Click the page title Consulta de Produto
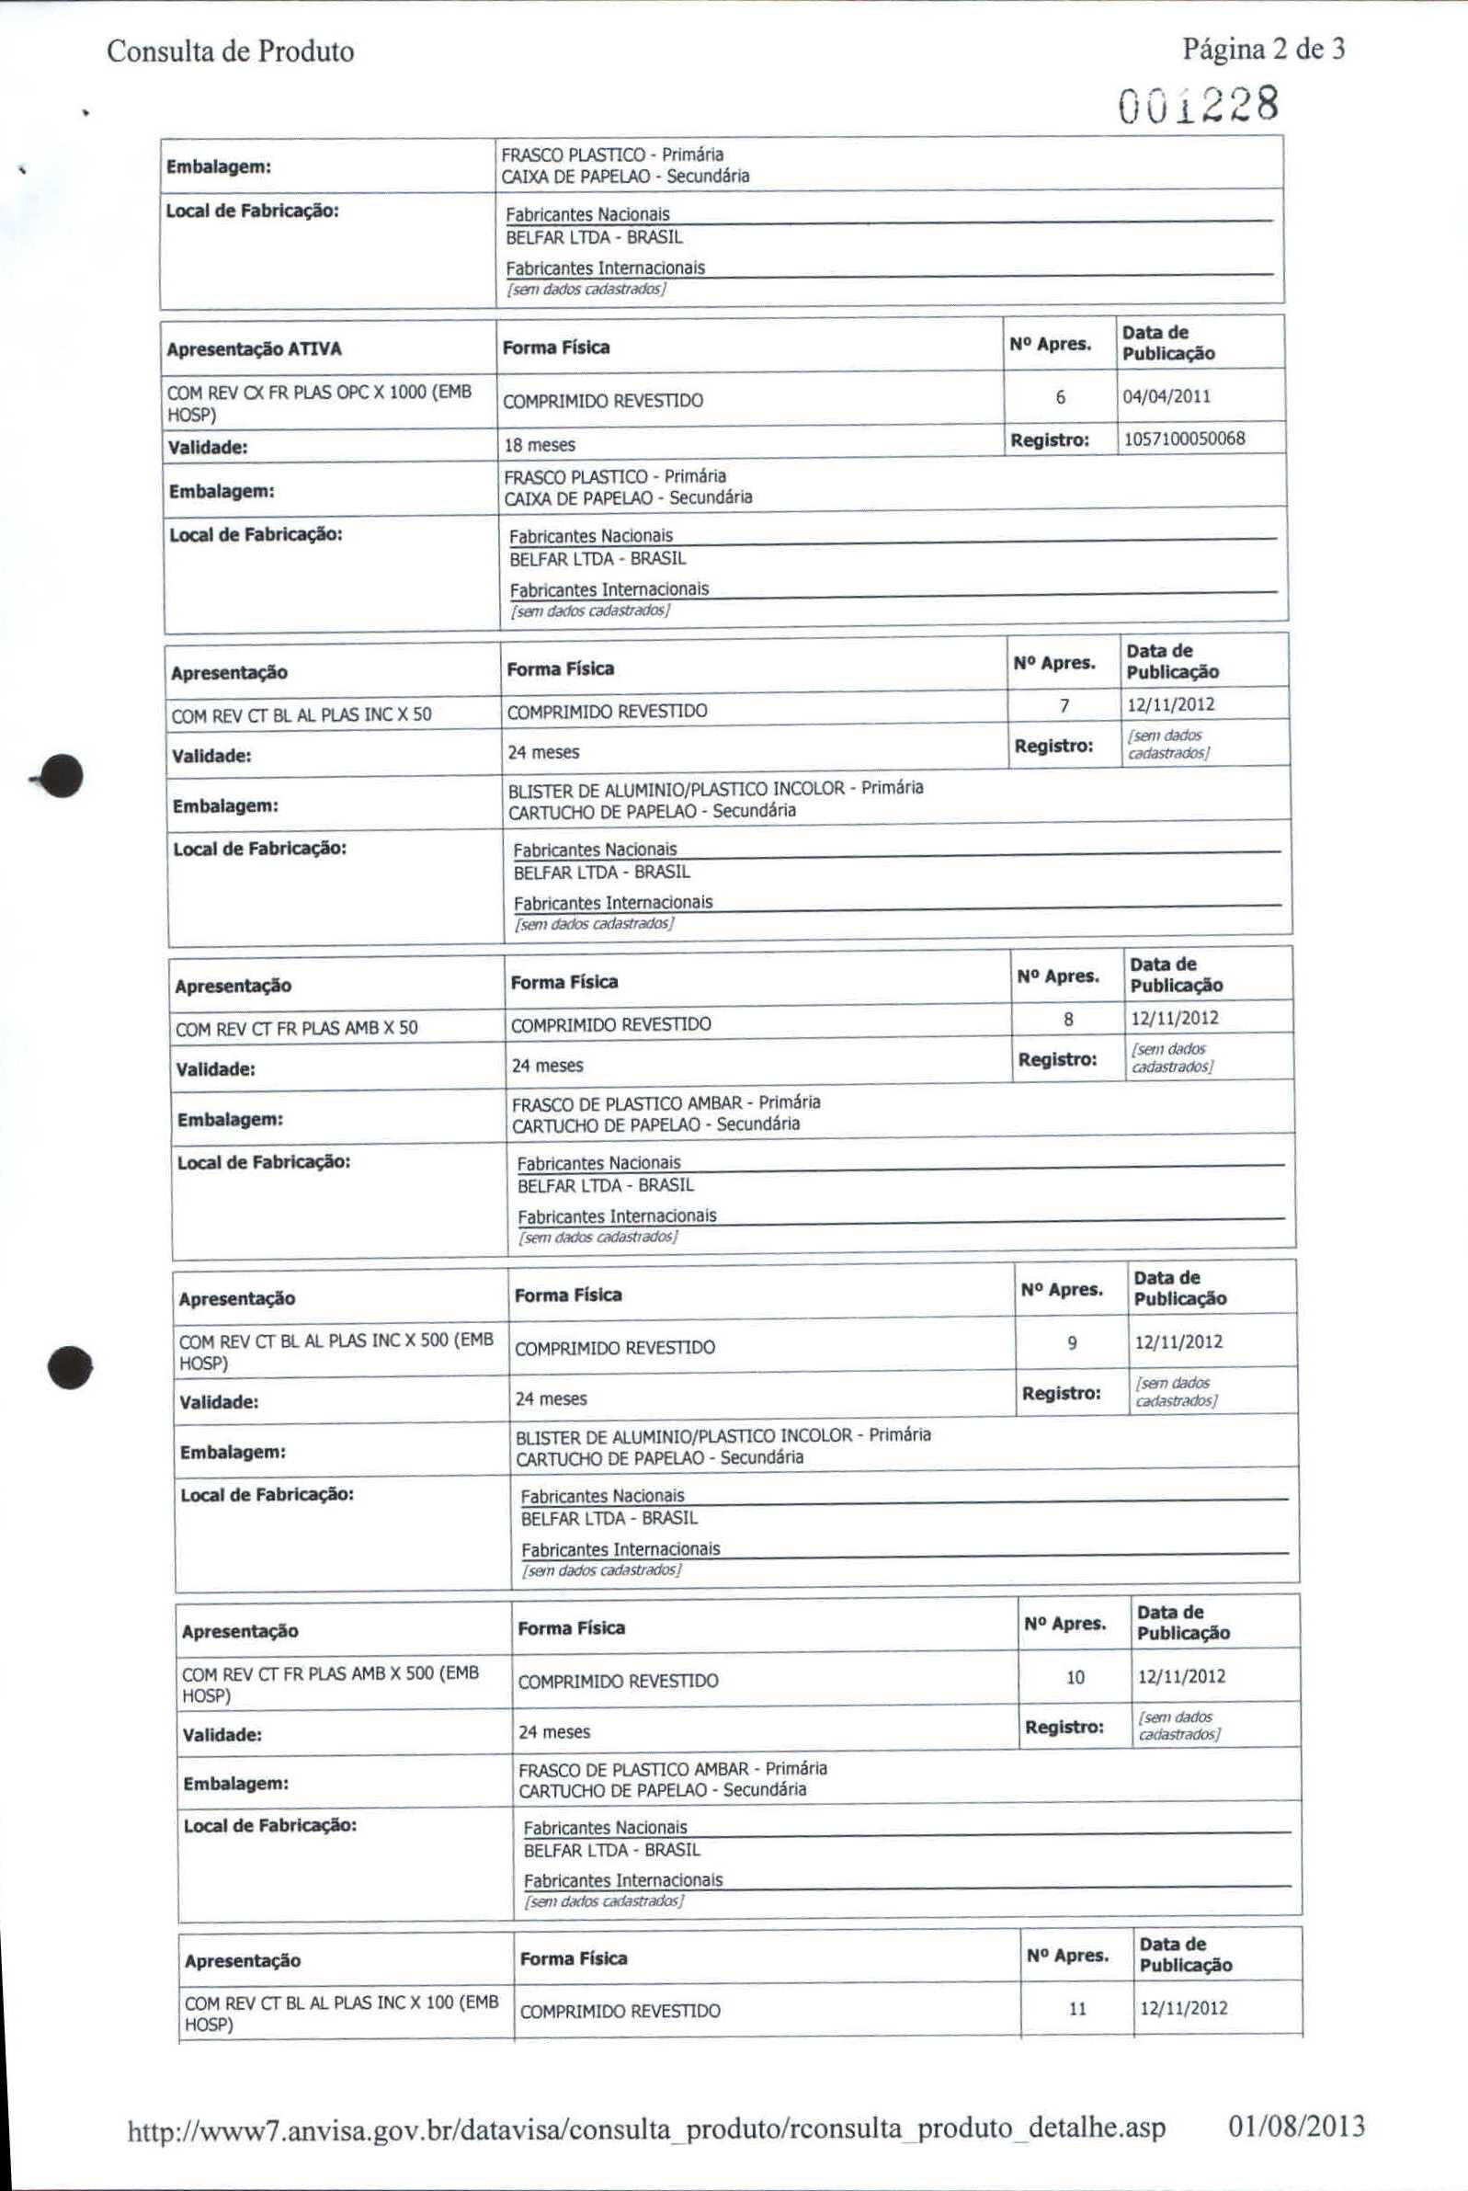[231, 51]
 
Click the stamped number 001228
[1199, 105]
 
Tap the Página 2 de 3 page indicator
[1263, 49]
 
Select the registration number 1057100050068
[1184, 439]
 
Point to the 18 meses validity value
[540, 445]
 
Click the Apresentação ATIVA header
[254, 349]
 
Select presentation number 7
[1064, 705]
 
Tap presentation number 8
[1068, 1019]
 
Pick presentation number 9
[1072, 1342]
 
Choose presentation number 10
[1075, 1677]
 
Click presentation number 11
[1077, 2008]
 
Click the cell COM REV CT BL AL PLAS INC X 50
[302, 715]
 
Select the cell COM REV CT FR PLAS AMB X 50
[297, 1029]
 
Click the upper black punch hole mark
[62, 776]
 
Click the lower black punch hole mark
[70, 1368]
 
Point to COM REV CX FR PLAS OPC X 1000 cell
[319, 403]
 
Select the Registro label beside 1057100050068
[1050, 440]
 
